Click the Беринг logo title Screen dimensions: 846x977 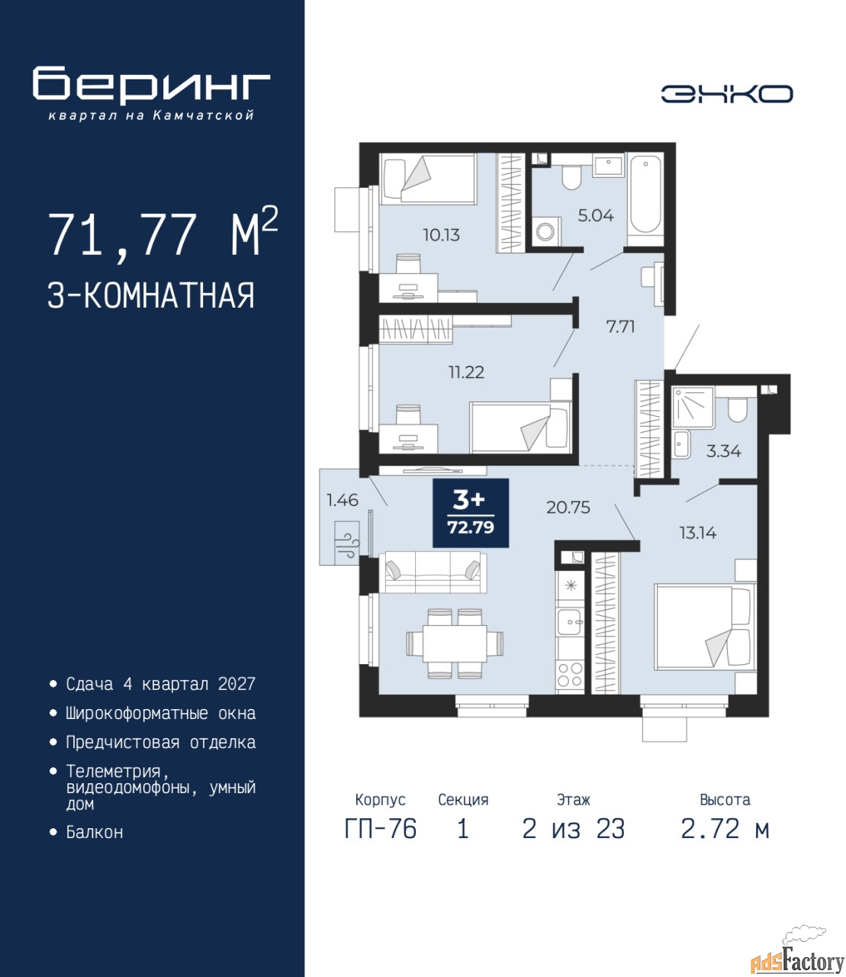[151, 85]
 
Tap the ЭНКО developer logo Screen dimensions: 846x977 [726, 94]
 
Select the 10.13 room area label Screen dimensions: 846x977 [441, 234]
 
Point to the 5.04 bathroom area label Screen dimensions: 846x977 [596, 215]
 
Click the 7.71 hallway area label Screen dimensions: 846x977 [621, 326]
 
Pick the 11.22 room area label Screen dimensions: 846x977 [466, 372]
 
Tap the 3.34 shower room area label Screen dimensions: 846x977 [724, 451]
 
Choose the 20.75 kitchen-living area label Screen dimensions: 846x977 [568, 507]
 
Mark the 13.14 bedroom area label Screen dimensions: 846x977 [698, 534]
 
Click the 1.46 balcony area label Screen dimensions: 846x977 [343, 499]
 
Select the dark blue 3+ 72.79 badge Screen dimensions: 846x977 [471, 513]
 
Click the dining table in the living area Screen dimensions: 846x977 [455, 643]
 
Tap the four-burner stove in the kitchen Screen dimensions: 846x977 [570, 675]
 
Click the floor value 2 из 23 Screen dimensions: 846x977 [574, 829]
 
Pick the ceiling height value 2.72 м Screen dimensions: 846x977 [725, 829]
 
